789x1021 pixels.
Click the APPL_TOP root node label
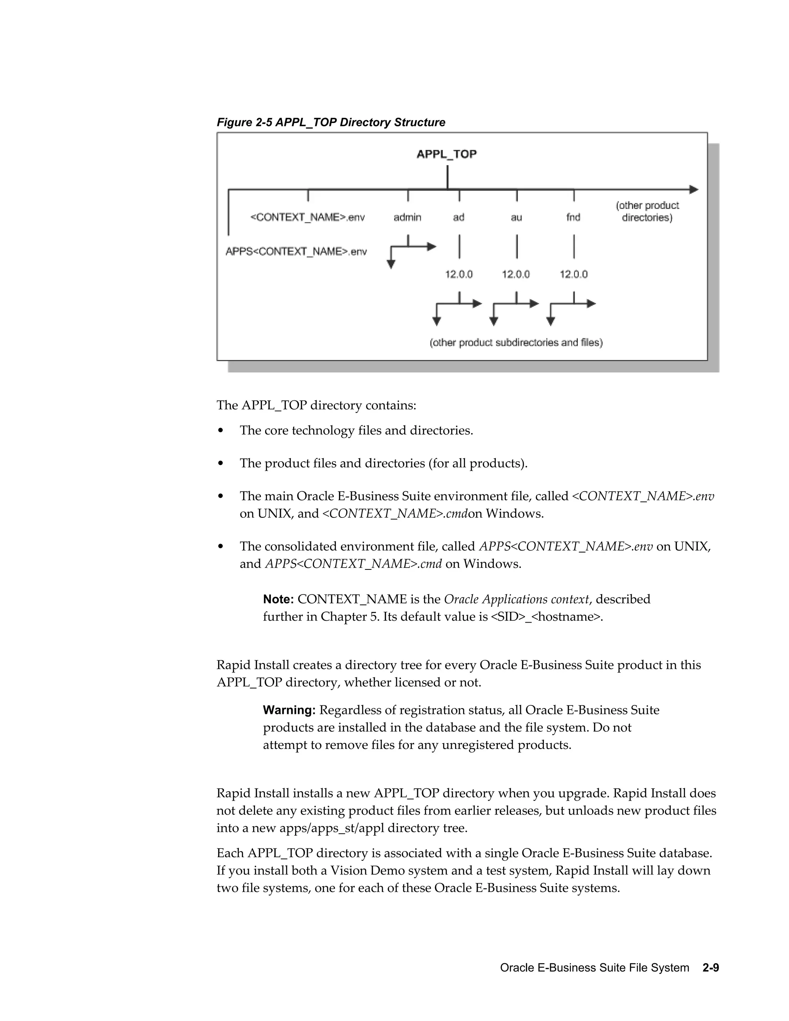coord(447,154)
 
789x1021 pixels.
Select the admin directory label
coord(407,217)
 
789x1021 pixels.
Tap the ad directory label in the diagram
coord(458,217)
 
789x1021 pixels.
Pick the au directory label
coord(516,217)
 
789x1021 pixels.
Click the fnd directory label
coord(573,217)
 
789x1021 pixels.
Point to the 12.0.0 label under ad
coord(458,274)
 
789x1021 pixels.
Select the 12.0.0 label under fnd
coord(574,274)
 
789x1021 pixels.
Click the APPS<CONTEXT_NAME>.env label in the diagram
coord(296,252)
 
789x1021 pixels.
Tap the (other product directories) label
coord(647,211)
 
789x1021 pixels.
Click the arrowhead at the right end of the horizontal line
coord(694,189)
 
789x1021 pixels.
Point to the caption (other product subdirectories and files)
coord(516,343)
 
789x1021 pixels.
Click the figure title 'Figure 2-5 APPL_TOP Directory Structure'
coord(331,123)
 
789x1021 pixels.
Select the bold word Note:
coord(278,600)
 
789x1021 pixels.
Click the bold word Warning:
coord(289,710)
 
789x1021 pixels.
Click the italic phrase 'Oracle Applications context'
coord(516,600)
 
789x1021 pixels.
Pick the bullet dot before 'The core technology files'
coord(221,431)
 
